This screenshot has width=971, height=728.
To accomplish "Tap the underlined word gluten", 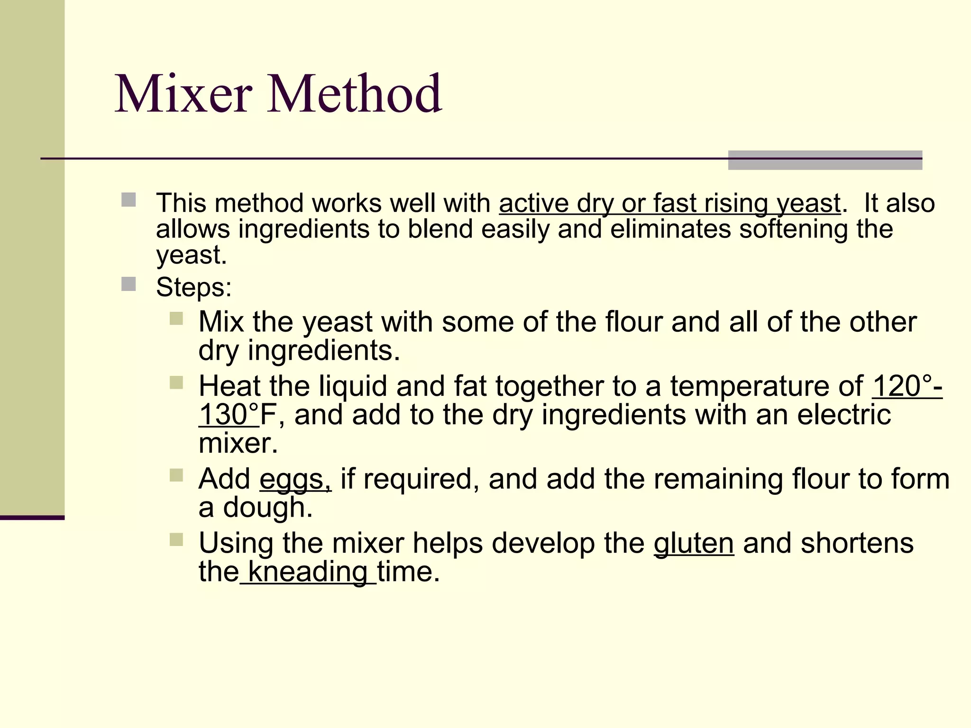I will click(x=694, y=543).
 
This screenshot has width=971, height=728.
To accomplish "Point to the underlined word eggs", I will click(x=295, y=480).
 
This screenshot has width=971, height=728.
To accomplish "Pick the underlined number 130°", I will click(x=229, y=415).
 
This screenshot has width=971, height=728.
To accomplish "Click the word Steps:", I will click(x=194, y=287).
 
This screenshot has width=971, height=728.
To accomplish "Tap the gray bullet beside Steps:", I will click(x=128, y=284).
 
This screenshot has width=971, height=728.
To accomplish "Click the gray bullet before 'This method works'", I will click(x=128, y=200).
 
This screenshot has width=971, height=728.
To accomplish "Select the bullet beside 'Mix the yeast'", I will click(x=176, y=318).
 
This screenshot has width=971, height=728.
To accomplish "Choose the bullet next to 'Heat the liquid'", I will click(x=176, y=382).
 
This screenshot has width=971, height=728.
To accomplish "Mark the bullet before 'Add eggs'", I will click(x=176, y=475).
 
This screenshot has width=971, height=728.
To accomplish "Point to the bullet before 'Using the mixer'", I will click(x=176, y=539).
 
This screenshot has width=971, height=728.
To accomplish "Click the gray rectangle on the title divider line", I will click(x=825, y=160).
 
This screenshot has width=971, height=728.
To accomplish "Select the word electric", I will click(x=844, y=415).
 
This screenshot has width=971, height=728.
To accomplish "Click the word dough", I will click(x=268, y=508).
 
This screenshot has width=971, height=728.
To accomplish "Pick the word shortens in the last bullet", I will click(x=857, y=543).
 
